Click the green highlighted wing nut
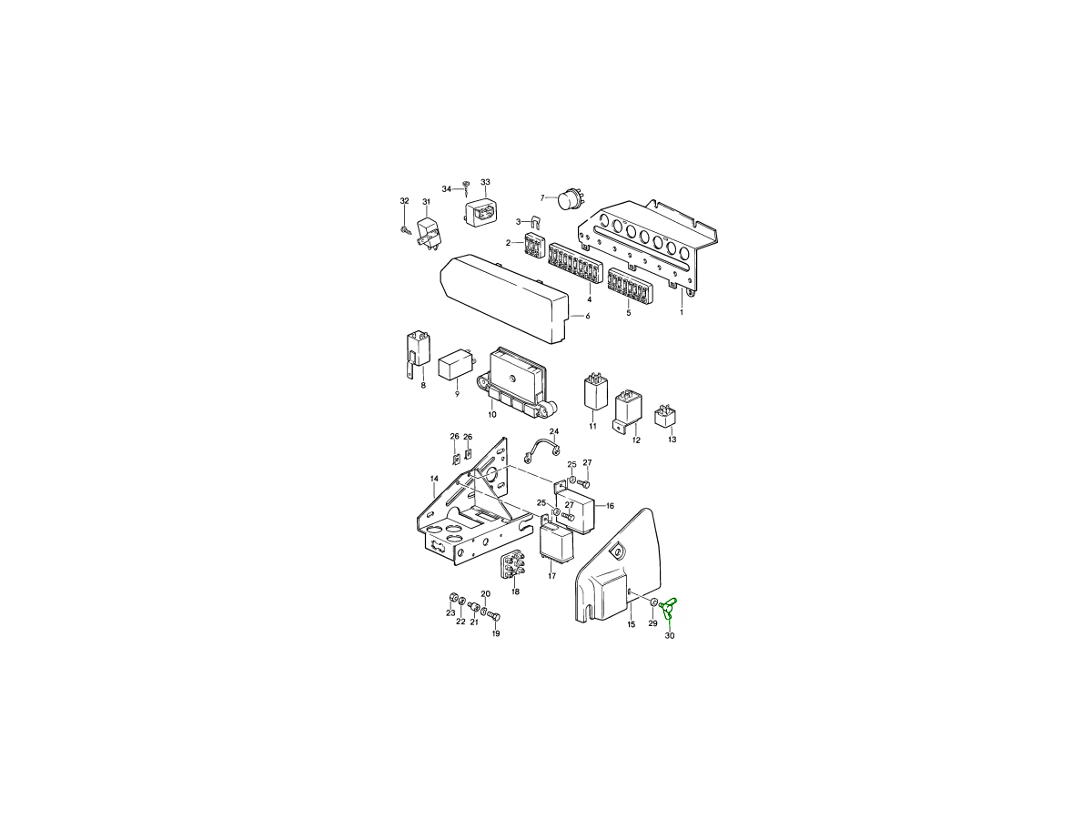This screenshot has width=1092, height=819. pos(667,608)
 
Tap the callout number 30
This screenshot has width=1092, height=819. pos(670,635)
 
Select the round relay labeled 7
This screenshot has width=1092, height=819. pos(571,200)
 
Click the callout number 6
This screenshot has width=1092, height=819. pos(588,316)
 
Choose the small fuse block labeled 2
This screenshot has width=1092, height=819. pos(535,245)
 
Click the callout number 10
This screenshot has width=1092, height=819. pos(492,414)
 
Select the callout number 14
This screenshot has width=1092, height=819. pos(434,479)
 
